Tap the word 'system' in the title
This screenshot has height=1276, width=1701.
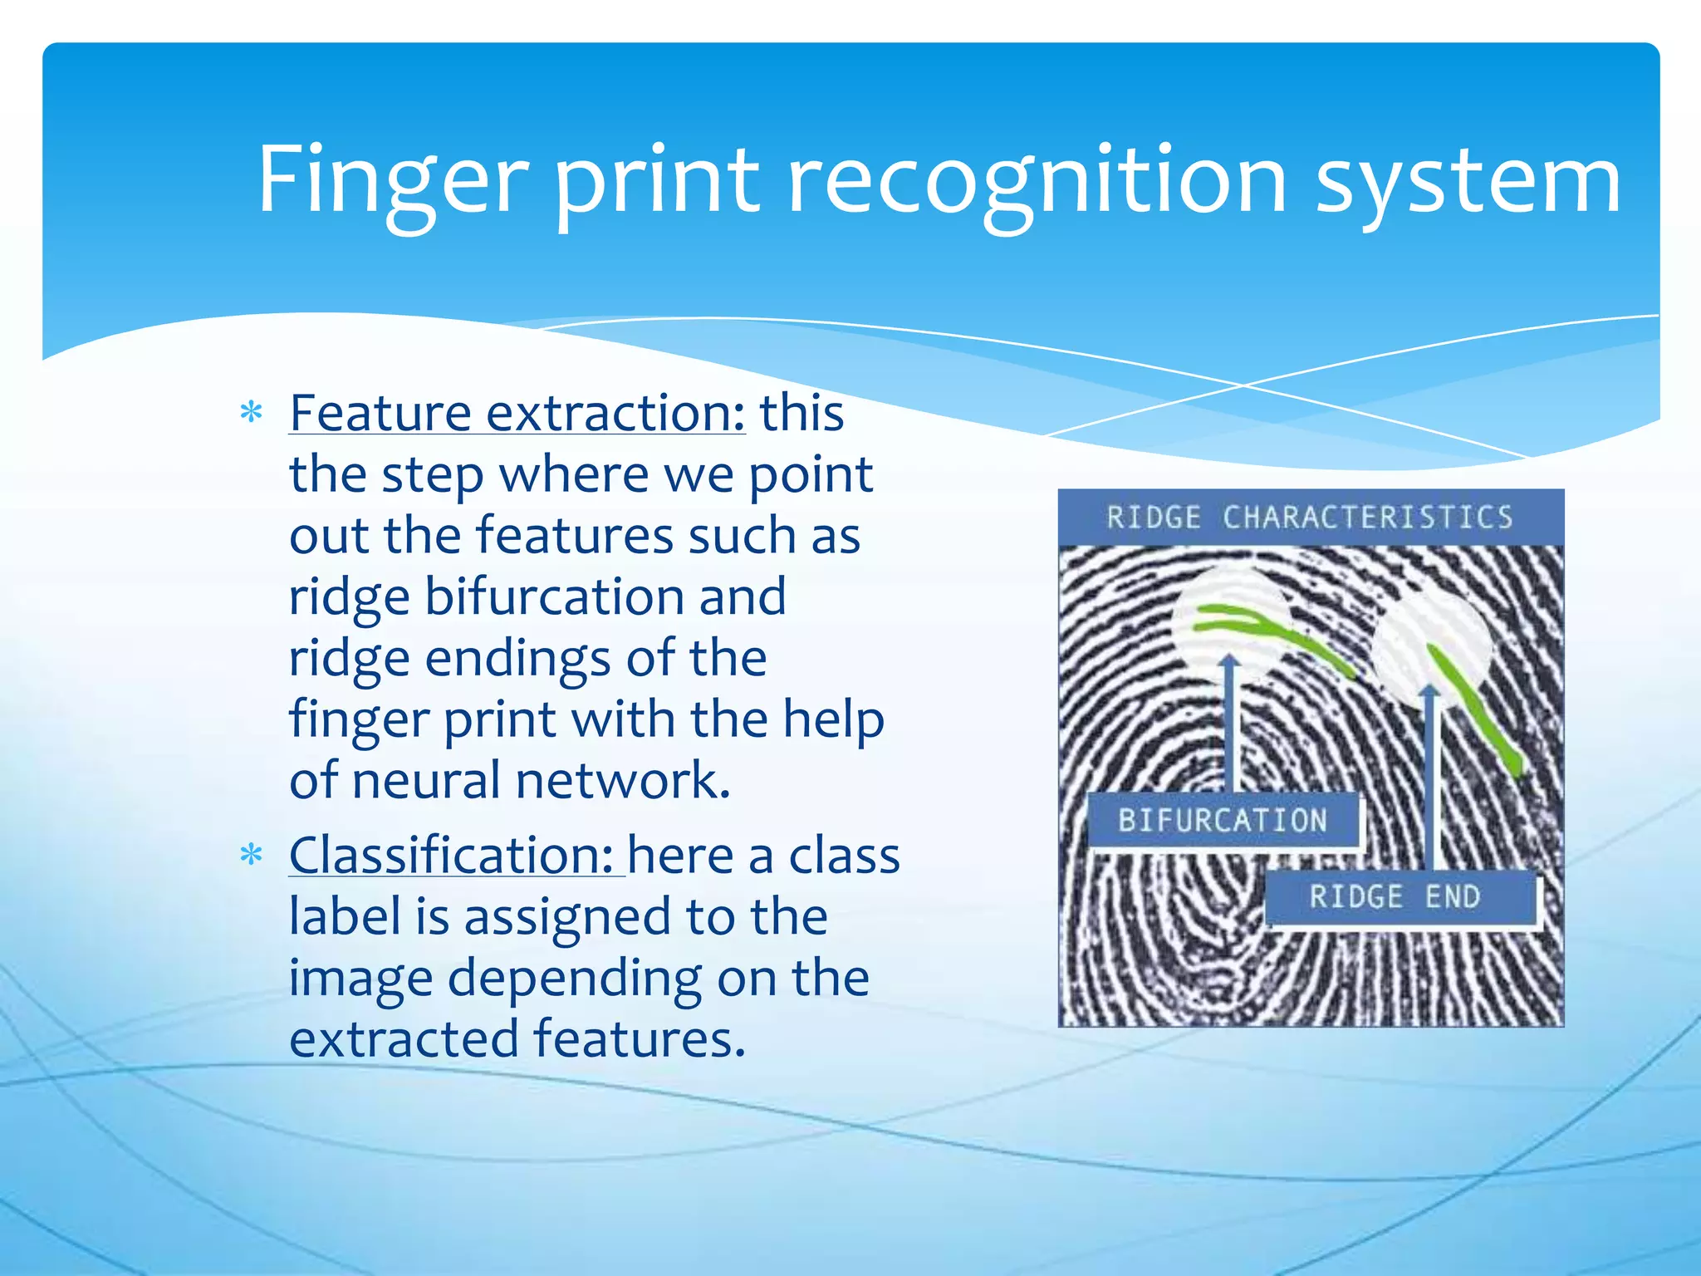[1468, 179]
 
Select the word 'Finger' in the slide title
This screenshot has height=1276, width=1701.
[392, 179]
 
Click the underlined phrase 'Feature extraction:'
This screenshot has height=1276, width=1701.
[517, 413]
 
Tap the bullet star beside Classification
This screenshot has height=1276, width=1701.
[251, 856]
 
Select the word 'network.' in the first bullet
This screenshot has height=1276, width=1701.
[623, 780]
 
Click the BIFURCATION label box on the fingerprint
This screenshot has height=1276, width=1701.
[1222, 821]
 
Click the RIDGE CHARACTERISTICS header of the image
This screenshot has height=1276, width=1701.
[1310, 518]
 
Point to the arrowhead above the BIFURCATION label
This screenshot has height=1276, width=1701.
[1231, 661]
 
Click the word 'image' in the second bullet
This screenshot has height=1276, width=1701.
[360, 978]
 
